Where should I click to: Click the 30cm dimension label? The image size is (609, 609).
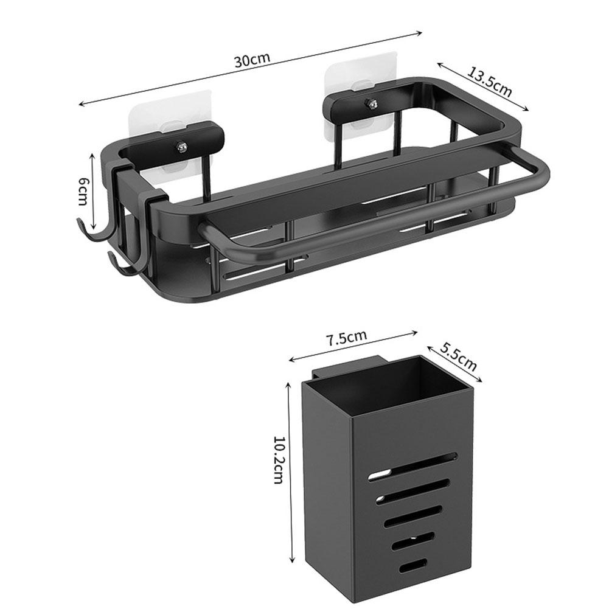(x=251, y=61)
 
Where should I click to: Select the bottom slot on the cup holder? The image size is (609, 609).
(x=412, y=566)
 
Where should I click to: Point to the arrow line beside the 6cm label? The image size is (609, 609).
(x=92, y=192)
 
